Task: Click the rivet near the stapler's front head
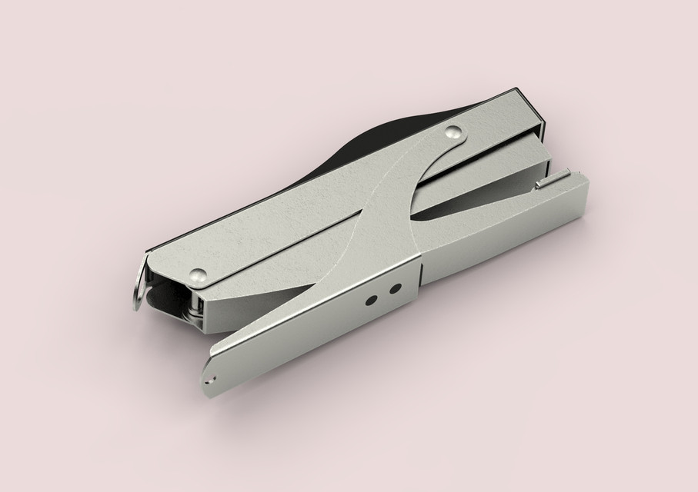click(455, 132)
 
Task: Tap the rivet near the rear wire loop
click(199, 274)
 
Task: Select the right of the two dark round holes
click(395, 289)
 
